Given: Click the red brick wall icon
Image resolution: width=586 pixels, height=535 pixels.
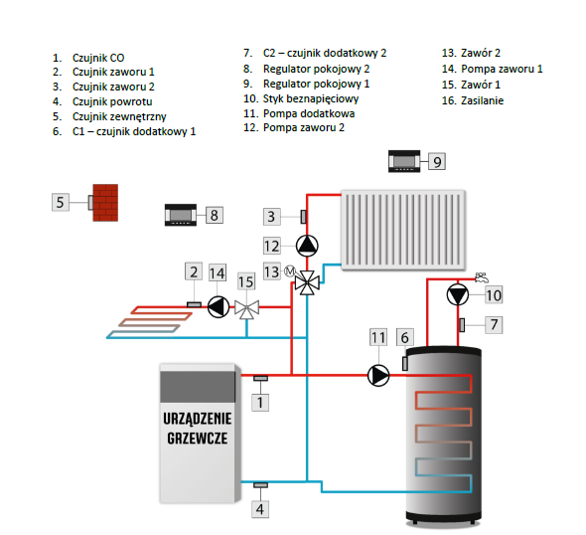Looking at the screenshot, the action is tap(105, 203).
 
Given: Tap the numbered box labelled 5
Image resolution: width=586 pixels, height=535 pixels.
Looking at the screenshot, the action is tap(61, 203).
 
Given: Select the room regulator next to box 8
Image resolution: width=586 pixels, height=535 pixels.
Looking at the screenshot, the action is tap(181, 215).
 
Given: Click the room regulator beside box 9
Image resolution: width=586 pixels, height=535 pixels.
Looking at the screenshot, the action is tap(404, 161).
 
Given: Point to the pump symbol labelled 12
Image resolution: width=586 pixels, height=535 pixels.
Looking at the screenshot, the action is tap(307, 246).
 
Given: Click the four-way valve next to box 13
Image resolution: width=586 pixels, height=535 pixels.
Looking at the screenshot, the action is tap(307, 282).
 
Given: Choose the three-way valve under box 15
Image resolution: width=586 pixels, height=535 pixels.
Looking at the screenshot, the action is tap(246, 309).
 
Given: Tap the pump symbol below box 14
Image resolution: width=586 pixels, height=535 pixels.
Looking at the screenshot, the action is tap(219, 307).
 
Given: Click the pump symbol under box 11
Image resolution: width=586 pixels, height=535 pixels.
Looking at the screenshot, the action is tap(378, 375).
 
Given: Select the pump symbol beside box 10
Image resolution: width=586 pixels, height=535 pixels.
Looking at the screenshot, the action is tap(458, 294).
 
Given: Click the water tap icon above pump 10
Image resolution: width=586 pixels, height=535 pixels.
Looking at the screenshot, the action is tap(482, 277).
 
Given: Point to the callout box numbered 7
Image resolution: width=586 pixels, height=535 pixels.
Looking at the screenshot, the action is tap(494, 324).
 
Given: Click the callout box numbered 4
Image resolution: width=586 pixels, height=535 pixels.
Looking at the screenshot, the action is tap(260, 509).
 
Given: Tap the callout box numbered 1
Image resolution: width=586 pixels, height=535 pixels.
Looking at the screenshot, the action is tap(260, 403).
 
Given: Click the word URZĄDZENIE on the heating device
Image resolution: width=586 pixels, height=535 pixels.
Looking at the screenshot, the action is tap(198, 419).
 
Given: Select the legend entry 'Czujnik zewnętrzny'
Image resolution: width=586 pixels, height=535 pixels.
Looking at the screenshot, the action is tap(119, 116).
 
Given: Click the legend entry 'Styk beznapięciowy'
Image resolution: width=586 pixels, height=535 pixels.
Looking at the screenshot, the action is tap(311, 98).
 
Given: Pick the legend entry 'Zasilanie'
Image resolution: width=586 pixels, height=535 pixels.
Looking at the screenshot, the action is tap(482, 100).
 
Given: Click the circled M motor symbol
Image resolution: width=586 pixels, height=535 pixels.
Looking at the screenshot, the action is tap(290, 270).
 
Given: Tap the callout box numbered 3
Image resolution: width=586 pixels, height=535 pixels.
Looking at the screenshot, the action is tap(272, 217).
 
